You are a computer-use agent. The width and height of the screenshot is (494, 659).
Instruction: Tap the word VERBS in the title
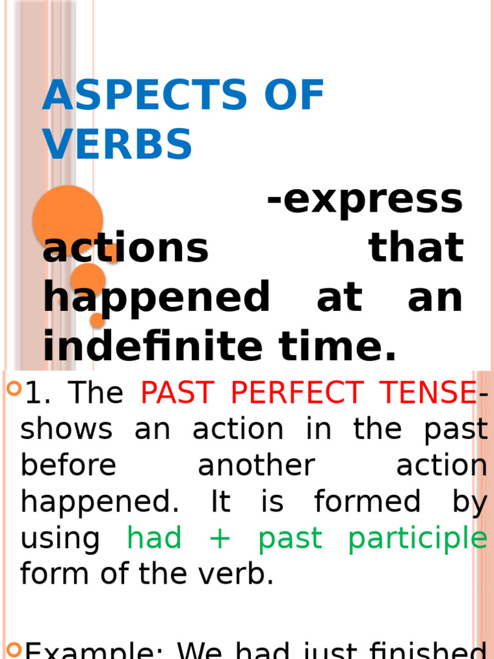point(118,144)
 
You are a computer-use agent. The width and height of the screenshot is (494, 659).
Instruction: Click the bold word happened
point(156,298)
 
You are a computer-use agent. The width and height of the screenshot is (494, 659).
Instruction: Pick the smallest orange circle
point(97,319)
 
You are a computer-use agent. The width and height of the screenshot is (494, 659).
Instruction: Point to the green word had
point(154,538)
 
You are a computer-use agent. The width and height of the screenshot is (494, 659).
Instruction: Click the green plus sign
point(220,539)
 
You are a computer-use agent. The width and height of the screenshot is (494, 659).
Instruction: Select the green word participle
point(417,539)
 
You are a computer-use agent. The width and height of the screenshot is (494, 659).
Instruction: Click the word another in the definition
point(256,466)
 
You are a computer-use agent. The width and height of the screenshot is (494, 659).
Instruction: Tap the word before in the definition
point(68,466)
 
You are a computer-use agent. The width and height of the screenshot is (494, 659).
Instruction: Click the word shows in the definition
point(67,430)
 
